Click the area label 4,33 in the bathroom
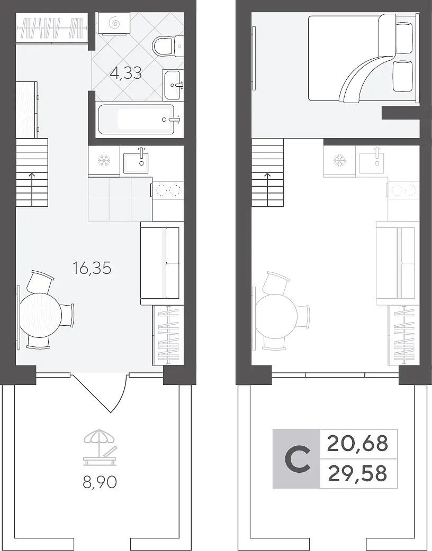tap(125, 74)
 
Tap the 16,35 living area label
tap(92, 269)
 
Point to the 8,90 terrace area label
tap(100, 482)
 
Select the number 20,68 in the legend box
tap(357, 444)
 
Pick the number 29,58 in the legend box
tap(357, 473)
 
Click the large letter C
tap(298, 459)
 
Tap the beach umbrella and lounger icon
tap(100, 446)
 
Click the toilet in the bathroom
tap(168, 45)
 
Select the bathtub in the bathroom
tap(137, 120)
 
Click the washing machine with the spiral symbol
tap(114, 24)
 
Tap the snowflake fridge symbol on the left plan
tap(104, 161)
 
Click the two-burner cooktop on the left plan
tap(167, 190)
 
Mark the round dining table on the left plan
tap(40, 316)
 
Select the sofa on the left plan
tap(162, 263)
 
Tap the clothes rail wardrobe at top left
tap(52, 27)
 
